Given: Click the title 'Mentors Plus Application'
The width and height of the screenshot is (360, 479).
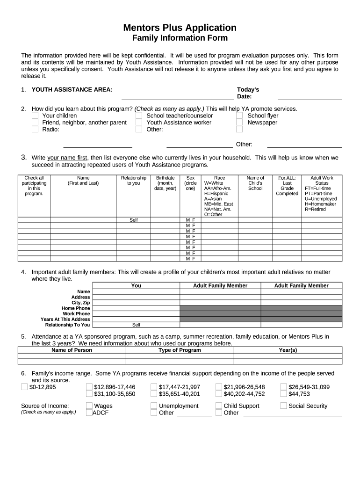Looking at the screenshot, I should [x=180, y=28].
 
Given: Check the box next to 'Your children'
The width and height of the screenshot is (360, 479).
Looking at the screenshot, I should [x=35, y=116].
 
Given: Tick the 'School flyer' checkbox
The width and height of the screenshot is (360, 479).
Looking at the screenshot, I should [x=239, y=116].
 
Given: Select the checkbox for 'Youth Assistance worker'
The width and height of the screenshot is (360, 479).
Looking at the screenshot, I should [x=139, y=123].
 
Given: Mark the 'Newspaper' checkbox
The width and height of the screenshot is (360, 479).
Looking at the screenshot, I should [x=239, y=123].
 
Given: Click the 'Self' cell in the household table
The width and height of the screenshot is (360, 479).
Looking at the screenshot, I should [x=134, y=220].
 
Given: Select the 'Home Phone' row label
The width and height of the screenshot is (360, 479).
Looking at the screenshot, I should [x=76, y=308].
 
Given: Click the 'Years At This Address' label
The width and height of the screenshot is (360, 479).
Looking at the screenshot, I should [x=65, y=319].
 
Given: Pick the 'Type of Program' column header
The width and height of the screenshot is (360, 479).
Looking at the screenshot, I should [x=180, y=350].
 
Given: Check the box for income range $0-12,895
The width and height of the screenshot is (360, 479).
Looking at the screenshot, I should [x=24, y=387].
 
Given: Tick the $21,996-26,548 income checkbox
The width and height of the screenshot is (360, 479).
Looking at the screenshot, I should [x=219, y=387].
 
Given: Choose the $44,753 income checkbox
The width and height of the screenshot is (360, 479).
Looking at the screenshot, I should [x=283, y=394].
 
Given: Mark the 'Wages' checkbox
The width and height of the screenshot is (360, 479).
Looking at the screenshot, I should [x=89, y=406].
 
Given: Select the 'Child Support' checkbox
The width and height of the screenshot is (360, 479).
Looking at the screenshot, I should [x=219, y=406].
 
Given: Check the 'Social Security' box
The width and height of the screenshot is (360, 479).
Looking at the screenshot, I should [x=283, y=406].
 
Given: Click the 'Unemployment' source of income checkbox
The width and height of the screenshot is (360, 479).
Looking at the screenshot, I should [x=154, y=406].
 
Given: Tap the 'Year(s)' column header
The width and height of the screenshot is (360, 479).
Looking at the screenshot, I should [x=288, y=350].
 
